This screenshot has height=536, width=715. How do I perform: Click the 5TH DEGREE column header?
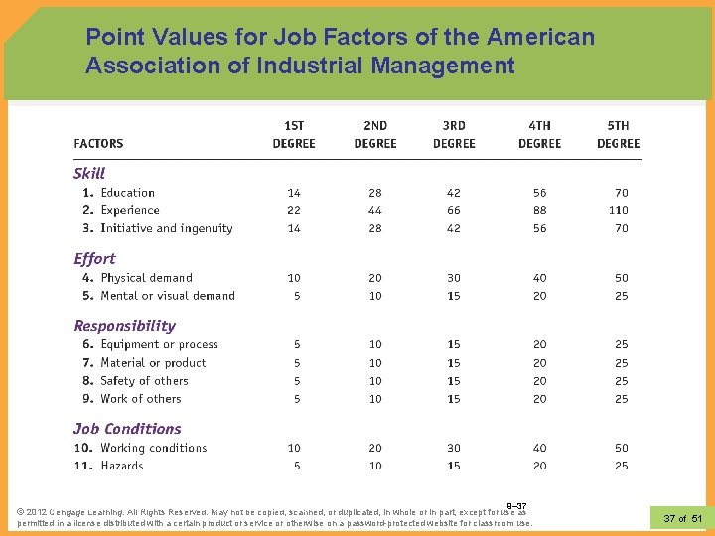click(x=618, y=135)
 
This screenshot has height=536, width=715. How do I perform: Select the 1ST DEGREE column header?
click(x=294, y=135)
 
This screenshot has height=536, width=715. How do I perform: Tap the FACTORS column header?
click(x=98, y=144)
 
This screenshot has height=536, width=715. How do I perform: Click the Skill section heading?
click(x=89, y=173)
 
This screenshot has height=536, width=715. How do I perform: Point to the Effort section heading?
click(x=94, y=258)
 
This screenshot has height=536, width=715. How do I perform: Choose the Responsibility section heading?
click(x=124, y=326)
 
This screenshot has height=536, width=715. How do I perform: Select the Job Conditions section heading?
click(x=127, y=429)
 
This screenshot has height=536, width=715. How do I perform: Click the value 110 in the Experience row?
click(x=619, y=210)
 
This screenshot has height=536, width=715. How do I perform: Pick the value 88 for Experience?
click(x=539, y=210)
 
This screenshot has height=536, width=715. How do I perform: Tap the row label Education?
click(x=127, y=193)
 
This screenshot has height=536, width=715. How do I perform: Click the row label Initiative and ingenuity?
click(x=166, y=228)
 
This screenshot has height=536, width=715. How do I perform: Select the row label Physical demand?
click(x=146, y=278)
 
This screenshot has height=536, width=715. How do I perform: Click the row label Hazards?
click(x=121, y=466)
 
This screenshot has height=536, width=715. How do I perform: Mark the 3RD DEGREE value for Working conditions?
click(x=454, y=448)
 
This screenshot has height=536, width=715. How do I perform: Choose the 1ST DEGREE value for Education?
click(x=294, y=193)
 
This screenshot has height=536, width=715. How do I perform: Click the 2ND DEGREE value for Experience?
click(x=375, y=210)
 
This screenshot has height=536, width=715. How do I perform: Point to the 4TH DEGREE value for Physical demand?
click(x=539, y=278)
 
